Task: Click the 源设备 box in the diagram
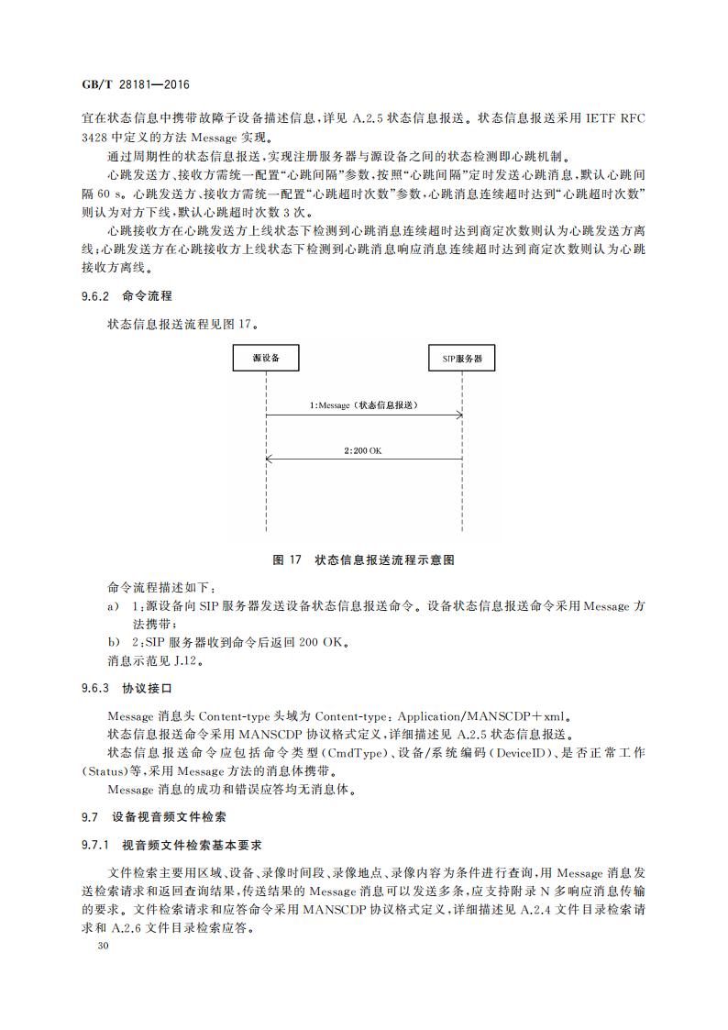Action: coord(266,357)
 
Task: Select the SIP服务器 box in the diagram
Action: coord(461,357)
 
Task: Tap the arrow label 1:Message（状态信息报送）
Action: coord(367,404)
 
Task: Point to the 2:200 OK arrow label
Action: coord(363,450)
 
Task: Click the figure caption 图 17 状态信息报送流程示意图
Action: coord(364,559)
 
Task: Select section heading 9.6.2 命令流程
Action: coord(127,296)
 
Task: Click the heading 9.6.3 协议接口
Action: coord(127,687)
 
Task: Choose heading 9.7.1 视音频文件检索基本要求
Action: coord(172,844)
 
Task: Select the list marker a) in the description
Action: coord(113,606)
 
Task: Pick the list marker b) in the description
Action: coord(113,642)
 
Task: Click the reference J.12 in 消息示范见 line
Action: coord(185,659)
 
